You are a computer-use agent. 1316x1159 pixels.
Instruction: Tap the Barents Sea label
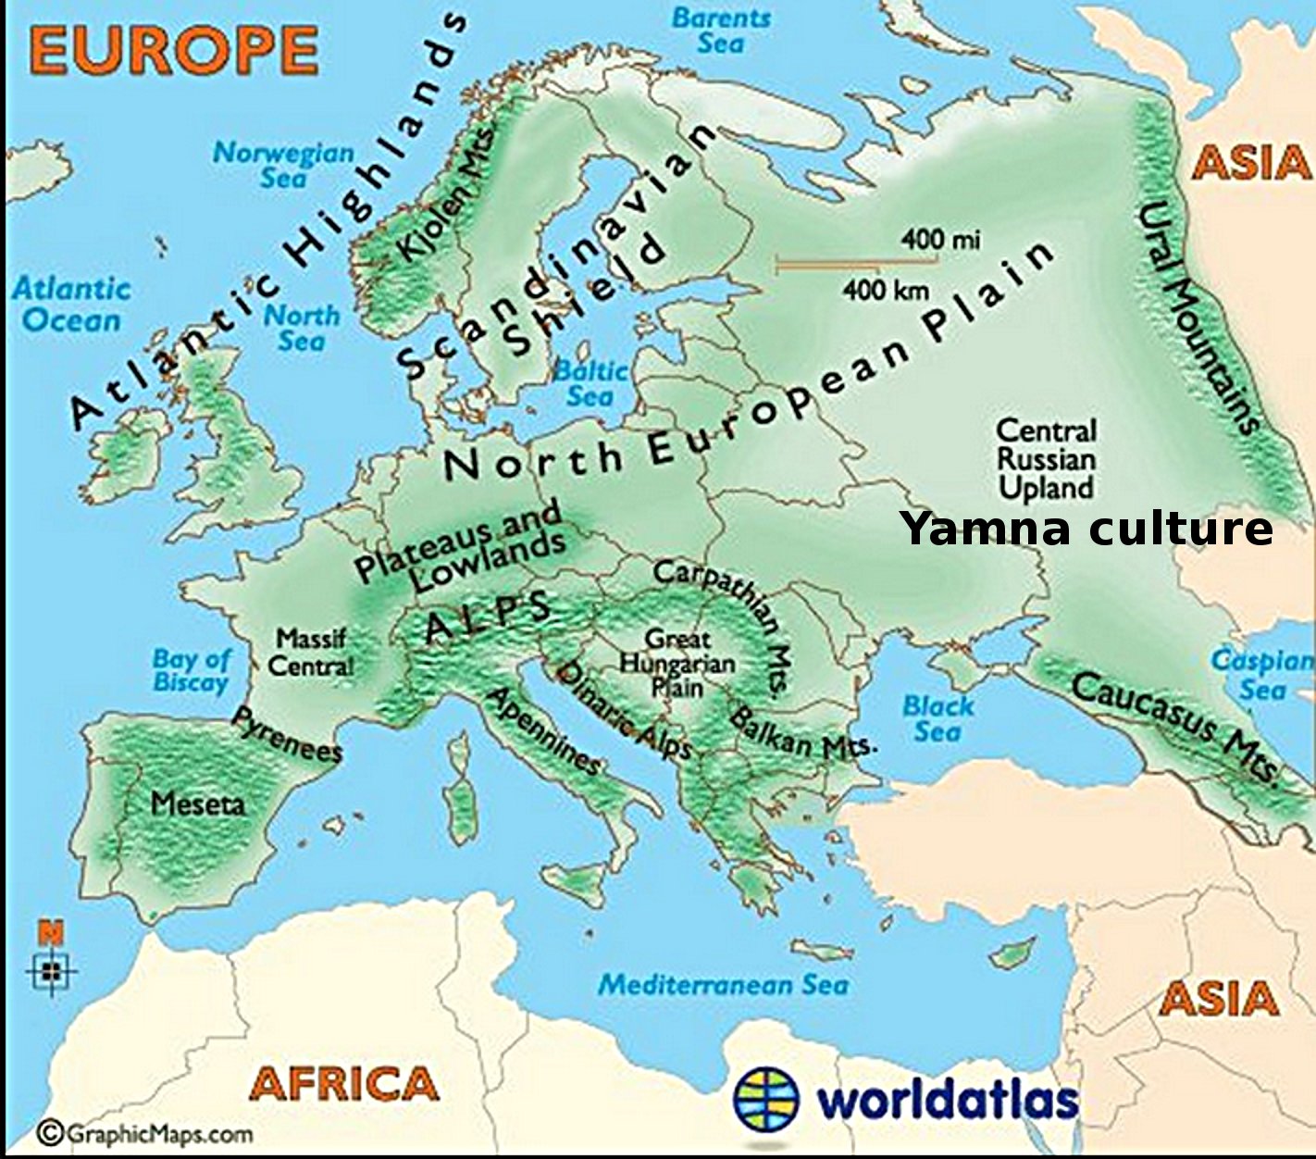[x=721, y=31]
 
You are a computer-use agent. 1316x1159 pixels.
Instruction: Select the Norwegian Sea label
[x=283, y=164]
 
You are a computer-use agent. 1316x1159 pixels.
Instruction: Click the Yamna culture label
[x=1086, y=529]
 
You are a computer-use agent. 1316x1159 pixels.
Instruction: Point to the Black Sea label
[x=937, y=718]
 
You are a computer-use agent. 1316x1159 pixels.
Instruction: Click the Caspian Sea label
[x=1263, y=675]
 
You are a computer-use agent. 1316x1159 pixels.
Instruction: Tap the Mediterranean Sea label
[x=723, y=985]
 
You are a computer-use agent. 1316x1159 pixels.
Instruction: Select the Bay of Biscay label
[x=192, y=670]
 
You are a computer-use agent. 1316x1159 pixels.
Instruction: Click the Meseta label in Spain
[x=198, y=803]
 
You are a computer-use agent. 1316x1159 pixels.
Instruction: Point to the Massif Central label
[x=311, y=652]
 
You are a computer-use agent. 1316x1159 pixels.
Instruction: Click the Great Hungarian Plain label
[x=677, y=663]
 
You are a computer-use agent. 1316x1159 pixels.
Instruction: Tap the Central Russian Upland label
[x=1046, y=459]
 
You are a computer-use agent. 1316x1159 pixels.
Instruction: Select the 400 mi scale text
[x=940, y=240]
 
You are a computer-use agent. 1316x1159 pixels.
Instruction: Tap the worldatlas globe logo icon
[x=765, y=1099]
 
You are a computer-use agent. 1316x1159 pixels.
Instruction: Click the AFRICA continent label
[x=344, y=1083]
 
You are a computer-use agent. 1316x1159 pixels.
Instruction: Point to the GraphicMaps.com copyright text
[x=144, y=1134]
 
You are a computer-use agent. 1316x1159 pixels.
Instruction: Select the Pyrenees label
[x=287, y=735]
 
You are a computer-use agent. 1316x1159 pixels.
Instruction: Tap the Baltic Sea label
[x=590, y=383]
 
